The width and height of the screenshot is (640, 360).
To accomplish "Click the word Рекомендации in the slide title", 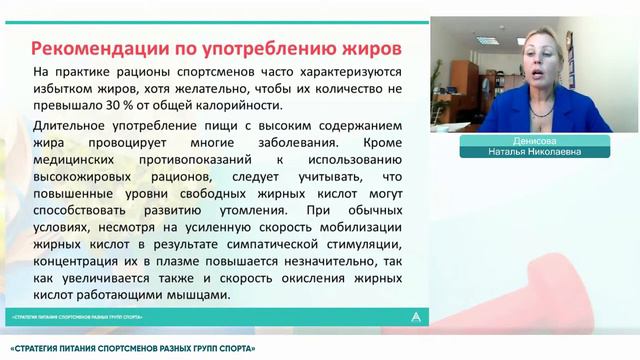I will [90, 48].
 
